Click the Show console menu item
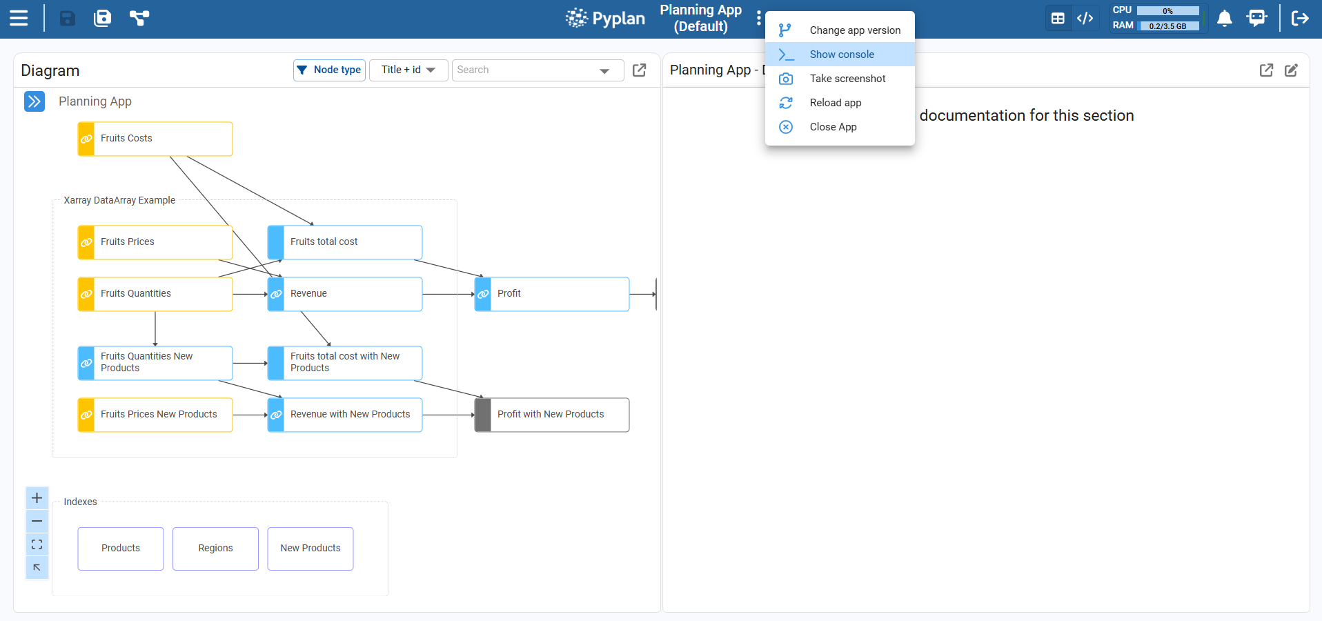840,55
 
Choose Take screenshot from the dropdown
840,79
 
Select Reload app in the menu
840,103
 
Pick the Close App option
840,127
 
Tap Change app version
840,30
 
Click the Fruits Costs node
155,139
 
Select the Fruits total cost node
345,242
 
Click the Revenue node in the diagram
345,294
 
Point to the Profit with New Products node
552,415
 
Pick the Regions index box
215,549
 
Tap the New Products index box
310,549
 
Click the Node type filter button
329,70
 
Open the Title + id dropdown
408,70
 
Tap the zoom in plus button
37,498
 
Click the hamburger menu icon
19,18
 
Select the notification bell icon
1225,19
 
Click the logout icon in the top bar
1300,18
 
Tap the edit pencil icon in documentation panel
1292,70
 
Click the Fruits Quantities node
155,294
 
